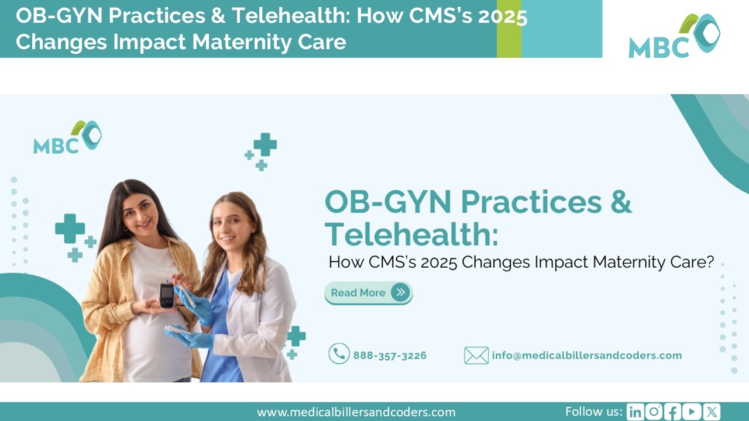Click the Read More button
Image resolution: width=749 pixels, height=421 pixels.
[368, 293]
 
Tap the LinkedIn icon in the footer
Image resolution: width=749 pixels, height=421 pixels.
[634, 412]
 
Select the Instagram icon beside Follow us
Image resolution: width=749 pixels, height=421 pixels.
[654, 412]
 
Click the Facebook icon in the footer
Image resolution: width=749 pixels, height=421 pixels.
[673, 412]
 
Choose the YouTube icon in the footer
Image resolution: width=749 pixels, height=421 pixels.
[692, 412]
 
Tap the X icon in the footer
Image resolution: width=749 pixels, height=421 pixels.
[712, 412]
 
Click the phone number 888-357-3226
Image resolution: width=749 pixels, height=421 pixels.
[389, 356]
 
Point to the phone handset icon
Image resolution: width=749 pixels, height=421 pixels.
[339, 354]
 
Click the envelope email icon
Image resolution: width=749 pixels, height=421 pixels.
[476, 356]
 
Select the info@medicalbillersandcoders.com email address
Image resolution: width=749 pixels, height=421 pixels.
[586, 356]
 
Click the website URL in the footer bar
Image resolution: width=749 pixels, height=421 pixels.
[356, 412]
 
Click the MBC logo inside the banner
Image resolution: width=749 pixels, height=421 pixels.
[67, 138]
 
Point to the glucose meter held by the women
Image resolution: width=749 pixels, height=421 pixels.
[167, 295]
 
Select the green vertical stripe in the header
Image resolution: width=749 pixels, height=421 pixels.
[509, 29]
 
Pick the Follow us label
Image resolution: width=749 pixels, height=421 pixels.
[593, 412]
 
